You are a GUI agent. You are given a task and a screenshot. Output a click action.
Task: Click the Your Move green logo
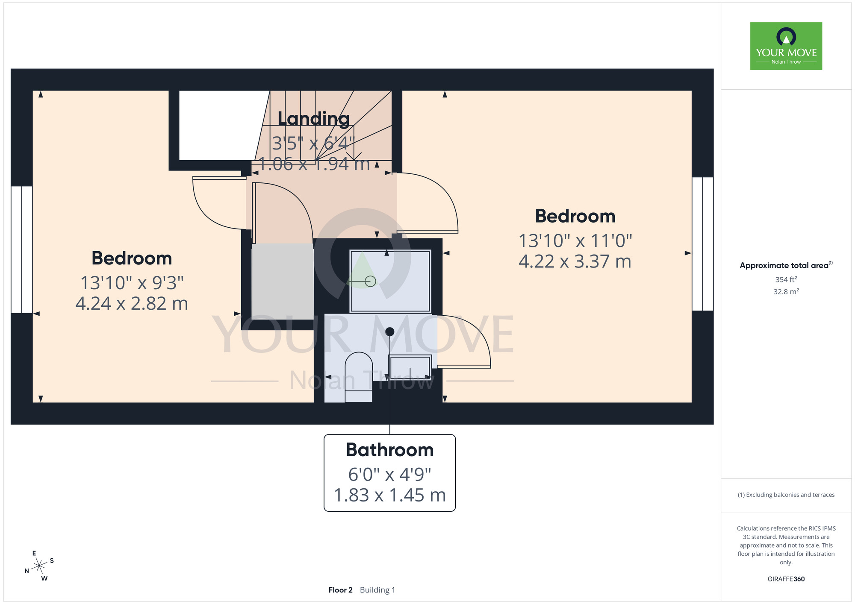tap(786, 46)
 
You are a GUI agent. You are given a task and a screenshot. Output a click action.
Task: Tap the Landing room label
tap(313, 119)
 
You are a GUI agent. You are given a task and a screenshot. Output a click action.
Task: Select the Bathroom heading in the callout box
tap(389, 450)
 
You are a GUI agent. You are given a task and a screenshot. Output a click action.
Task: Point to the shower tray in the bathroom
tap(390, 281)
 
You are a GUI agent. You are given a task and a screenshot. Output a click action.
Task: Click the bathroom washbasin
tap(410, 368)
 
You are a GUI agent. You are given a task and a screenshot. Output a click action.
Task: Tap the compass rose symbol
tap(39, 566)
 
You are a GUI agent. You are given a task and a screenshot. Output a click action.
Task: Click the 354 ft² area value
tap(786, 279)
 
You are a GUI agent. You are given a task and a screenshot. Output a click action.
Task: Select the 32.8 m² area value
tap(786, 292)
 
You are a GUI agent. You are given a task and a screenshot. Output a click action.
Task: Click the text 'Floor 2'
tap(340, 590)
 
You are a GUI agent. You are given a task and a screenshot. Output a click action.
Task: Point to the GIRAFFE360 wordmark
tap(786, 579)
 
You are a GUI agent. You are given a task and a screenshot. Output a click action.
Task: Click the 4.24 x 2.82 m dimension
tap(132, 304)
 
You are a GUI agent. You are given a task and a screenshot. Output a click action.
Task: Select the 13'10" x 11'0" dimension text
tap(575, 241)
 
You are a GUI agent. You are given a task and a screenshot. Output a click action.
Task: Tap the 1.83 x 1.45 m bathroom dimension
tap(389, 496)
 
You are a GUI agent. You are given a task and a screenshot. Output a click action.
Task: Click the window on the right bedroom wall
tap(703, 244)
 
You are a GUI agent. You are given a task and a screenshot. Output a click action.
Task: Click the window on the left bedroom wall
tap(22, 249)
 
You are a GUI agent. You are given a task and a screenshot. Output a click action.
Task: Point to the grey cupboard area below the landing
tap(283, 281)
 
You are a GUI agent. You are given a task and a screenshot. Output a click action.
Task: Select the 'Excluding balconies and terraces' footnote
tap(786, 495)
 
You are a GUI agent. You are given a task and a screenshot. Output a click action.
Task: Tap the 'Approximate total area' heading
tap(786, 265)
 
